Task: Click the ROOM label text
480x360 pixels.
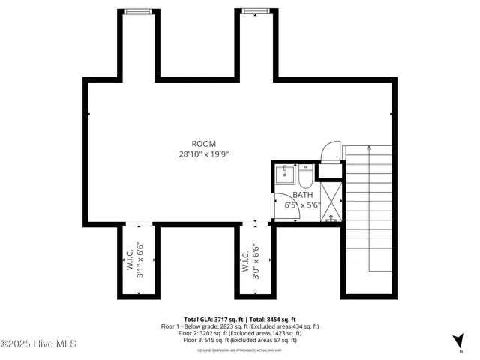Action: click(x=203, y=144)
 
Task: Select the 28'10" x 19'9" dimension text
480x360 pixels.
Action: click(x=203, y=154)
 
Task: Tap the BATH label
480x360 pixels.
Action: click(x=292, y=194)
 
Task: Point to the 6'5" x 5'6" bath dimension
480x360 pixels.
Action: click(x=292, y=204)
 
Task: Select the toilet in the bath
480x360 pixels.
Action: click(x=305, y=177)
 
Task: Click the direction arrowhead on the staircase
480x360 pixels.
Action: click(x=370, y=151)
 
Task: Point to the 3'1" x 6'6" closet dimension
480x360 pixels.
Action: click(x=139, y=259)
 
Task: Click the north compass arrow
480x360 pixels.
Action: click(x=457, y=340)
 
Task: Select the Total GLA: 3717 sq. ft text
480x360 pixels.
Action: click(x=211, y=319)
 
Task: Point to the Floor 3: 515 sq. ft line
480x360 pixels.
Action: click(x=240, y=340)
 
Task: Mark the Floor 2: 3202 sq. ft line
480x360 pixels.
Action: click(x=240, y=333)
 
